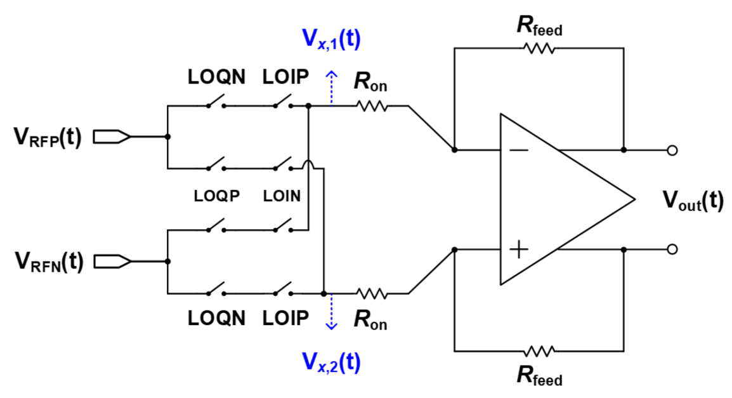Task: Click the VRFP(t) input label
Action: (48, 137)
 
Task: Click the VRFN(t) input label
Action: (48, 262)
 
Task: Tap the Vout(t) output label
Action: (693, 200)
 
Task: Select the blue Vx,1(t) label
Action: (330, 40)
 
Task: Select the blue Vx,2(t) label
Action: (330, 362)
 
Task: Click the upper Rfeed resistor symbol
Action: (539, 48)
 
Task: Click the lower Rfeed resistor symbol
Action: (539, 350)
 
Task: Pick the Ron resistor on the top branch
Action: (372, 107)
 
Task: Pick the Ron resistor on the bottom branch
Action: (372, 293)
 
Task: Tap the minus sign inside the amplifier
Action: (519, 150)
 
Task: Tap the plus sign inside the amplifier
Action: (519, 249)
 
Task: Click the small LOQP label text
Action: (216, 196)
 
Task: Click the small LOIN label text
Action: (282, 196)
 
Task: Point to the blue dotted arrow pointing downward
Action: (330, 314)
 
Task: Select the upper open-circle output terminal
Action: (672, 150)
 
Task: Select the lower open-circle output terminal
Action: (672, 249)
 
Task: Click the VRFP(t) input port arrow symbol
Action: (112, 137)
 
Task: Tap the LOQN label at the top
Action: (216, 77)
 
